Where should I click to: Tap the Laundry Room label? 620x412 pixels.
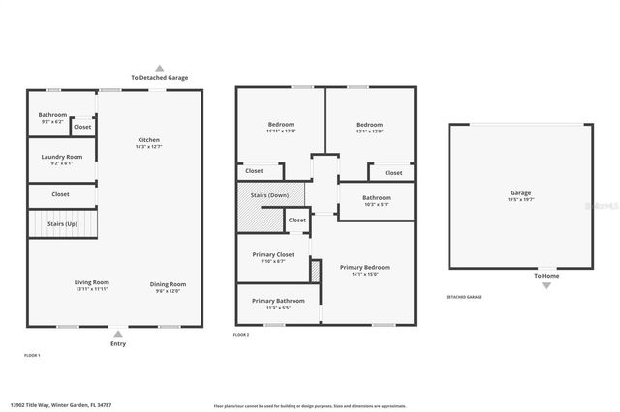[x=61, y=157]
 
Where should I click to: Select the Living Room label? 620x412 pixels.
[x=92, y=282]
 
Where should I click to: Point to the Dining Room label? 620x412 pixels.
[x=168, y=283]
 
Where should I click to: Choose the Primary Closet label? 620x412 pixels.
[x=268, y=255]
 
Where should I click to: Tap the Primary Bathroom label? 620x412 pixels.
[x=278, y=301]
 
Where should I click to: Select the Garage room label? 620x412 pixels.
[x=520, y=192]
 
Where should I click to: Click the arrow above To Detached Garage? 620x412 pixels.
[x=160, y=69]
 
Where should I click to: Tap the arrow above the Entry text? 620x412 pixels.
[x=117, y=333]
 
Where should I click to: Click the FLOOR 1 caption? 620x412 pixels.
[x=32, y=356]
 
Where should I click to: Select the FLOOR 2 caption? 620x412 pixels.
[x=241, y=335]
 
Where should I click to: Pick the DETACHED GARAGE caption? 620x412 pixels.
[x=463, y=297]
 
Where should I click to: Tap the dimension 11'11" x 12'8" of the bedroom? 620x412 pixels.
[x=282, y=131]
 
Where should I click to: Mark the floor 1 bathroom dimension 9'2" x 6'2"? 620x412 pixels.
[x=52, y=121]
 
